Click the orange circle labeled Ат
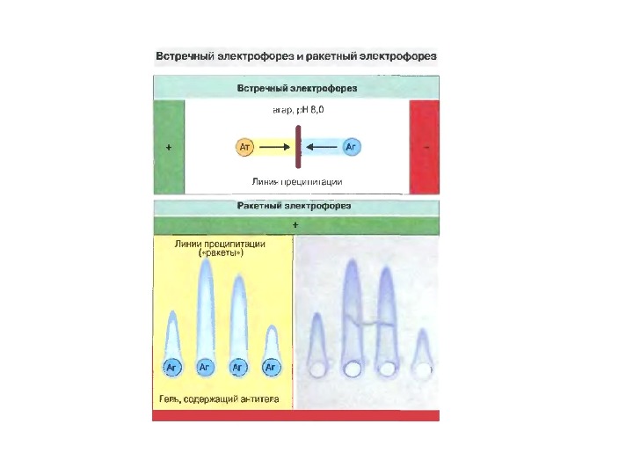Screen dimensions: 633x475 [245, 147]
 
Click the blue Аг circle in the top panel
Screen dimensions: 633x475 [351, 147]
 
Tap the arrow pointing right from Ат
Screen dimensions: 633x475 [276, 147]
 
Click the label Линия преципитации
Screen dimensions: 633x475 [297, 181]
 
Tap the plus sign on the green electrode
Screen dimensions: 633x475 [168, 148]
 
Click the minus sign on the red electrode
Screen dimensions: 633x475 [426, 148]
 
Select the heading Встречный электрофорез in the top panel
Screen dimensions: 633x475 [296, 88]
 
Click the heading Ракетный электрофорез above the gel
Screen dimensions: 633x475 [295, 206]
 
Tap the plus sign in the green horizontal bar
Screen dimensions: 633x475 [295, 225]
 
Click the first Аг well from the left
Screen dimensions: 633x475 [172, 366]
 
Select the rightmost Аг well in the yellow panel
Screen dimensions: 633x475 [271, 366]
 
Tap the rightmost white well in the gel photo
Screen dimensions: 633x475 [423, 370]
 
